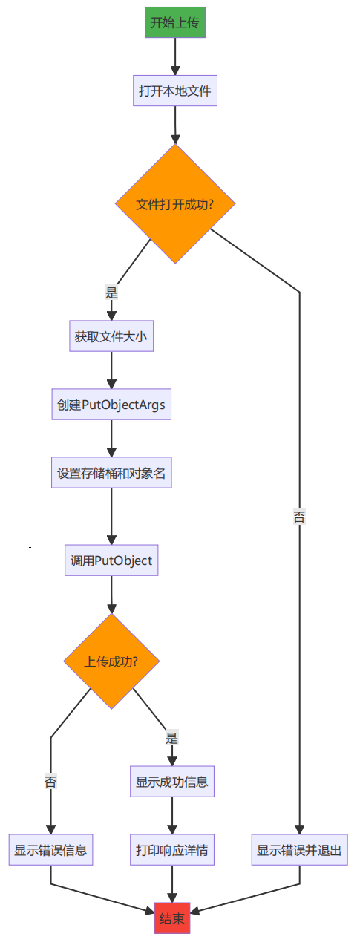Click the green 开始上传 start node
175,22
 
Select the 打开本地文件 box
175,91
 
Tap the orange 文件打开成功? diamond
175,203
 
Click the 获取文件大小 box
111,336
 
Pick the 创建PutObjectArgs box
111,405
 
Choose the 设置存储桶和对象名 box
111,473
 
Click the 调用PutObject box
111,561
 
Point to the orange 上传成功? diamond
111,661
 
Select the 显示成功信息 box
172,782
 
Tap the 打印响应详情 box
172,850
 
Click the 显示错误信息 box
50,850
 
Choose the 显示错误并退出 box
300,850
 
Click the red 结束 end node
172,918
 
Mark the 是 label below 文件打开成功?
111,292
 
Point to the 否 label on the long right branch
299,517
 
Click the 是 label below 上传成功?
172,738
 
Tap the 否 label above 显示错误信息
50,782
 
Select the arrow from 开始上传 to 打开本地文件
175,56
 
